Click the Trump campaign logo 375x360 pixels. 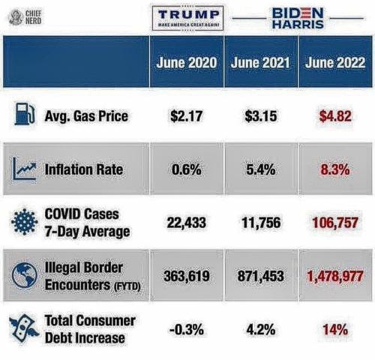187,18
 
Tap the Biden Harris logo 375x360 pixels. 298,18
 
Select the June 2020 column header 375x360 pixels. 187,62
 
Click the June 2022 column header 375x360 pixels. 335,62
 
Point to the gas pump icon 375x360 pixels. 24,114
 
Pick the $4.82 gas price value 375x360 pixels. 335,116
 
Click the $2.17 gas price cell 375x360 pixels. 187,116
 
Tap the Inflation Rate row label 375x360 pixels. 84,169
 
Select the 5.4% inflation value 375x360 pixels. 261,169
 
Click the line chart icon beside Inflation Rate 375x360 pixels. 24,169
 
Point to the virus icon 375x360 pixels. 24,222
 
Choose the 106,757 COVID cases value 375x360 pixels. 335,223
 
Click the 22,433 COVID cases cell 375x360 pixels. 187,223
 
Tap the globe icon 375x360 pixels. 24,275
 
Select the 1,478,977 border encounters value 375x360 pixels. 335,276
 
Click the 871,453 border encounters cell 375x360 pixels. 261,276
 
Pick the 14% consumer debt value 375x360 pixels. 335,329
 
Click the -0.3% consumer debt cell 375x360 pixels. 187,329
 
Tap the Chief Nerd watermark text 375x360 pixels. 34,17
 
